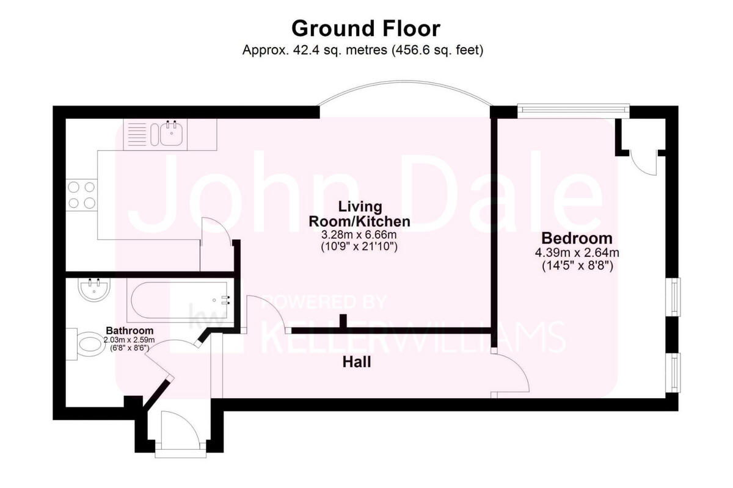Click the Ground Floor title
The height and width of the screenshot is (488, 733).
tap(366, 28)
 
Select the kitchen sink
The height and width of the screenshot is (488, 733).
tap(172, 134)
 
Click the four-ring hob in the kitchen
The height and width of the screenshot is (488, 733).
tap(82, 194)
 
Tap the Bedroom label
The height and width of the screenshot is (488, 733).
tap(577, 238)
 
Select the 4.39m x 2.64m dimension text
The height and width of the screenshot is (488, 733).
tap(577, 253)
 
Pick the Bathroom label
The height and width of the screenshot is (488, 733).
tap(129, 331)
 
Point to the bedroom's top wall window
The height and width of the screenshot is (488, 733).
tap(572, 109)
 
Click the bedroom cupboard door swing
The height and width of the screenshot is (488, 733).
tap(641, 162)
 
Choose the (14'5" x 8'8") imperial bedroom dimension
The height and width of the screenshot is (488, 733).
tap(577, 266)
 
